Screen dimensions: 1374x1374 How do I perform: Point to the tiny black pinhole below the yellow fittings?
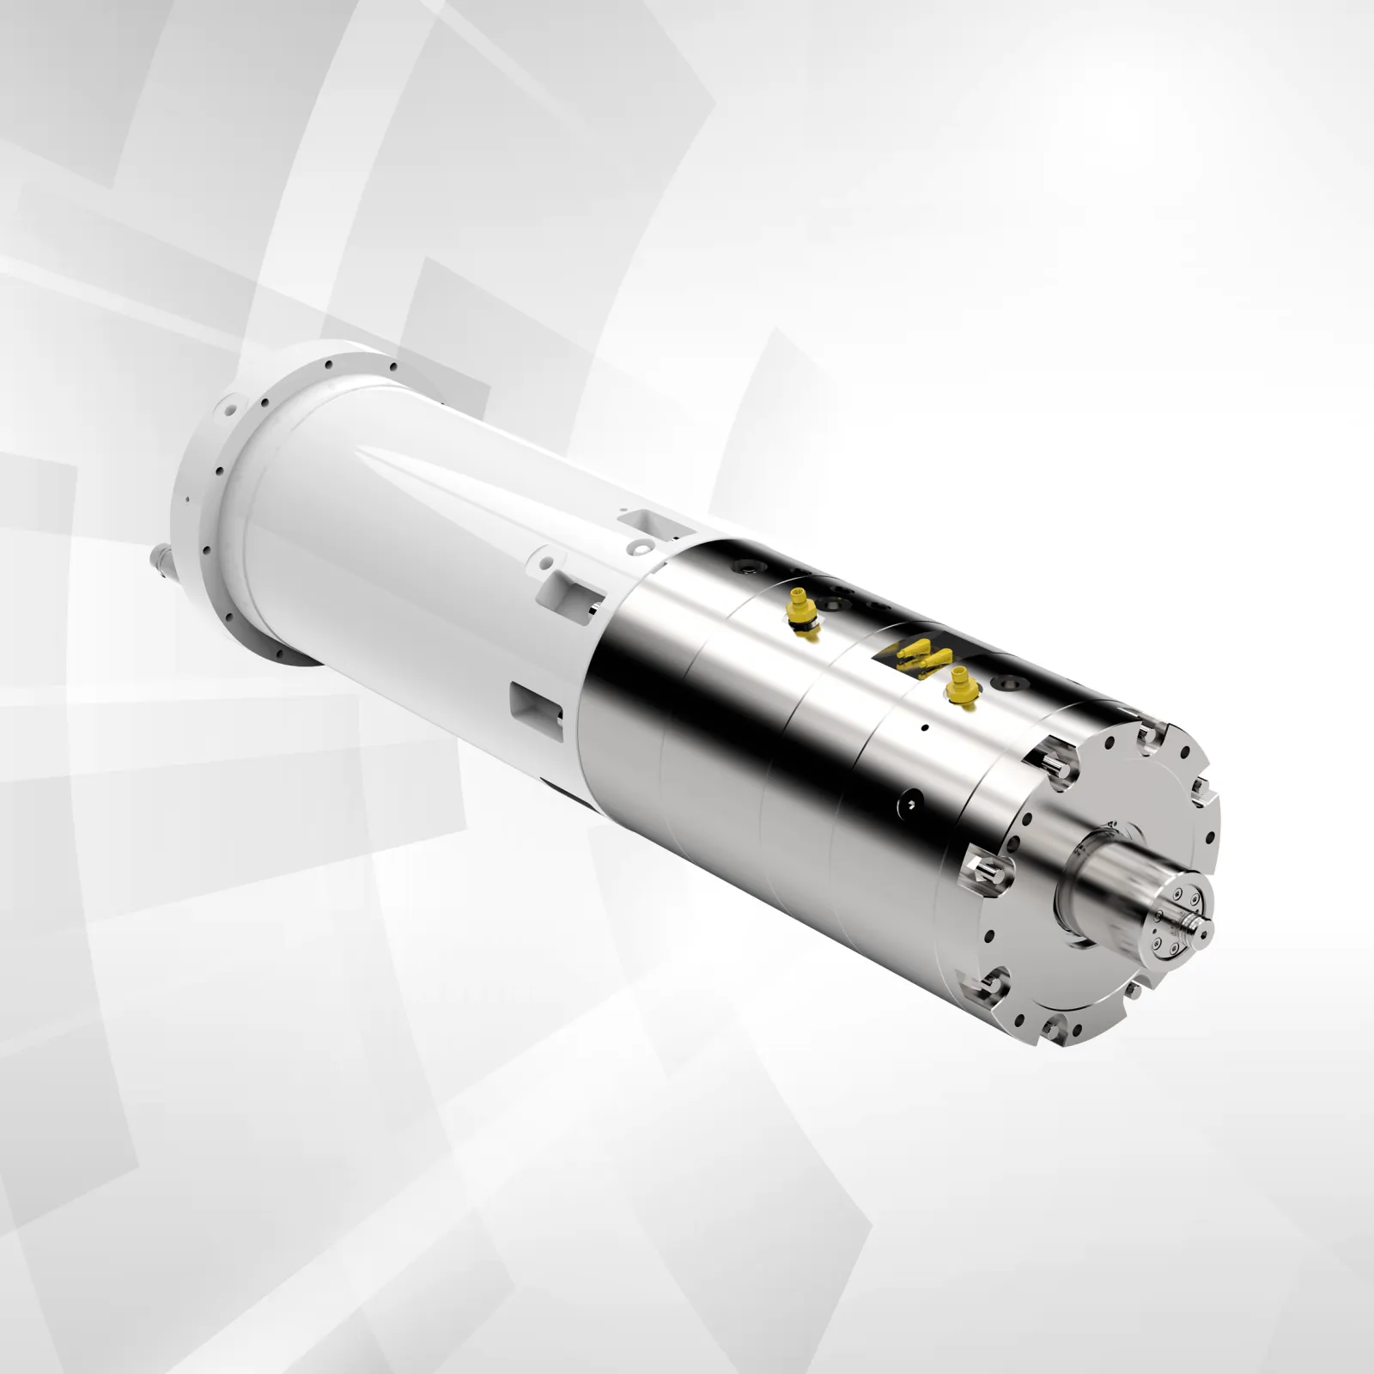(923, 728)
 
